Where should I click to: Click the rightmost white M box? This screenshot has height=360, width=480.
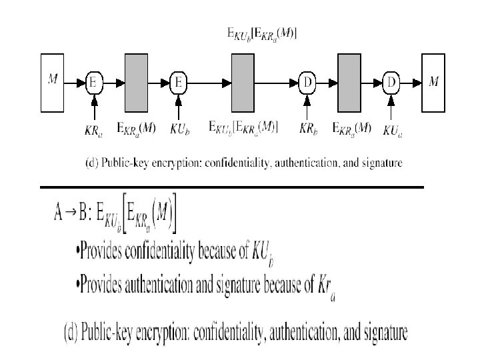[x=433, y=82]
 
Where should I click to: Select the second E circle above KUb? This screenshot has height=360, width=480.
[x=179, y=82]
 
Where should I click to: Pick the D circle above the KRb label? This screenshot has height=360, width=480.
[x=307, y=82]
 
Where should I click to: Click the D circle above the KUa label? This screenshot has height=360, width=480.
[x=391, y=82]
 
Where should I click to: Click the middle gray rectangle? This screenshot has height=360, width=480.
[x=243, y=82]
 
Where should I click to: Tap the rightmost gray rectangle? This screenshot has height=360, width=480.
[x=349, y=82]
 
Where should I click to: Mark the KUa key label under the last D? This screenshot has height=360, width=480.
[x=393, y=129]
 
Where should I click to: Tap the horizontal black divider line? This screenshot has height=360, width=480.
[x=231, y=187]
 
